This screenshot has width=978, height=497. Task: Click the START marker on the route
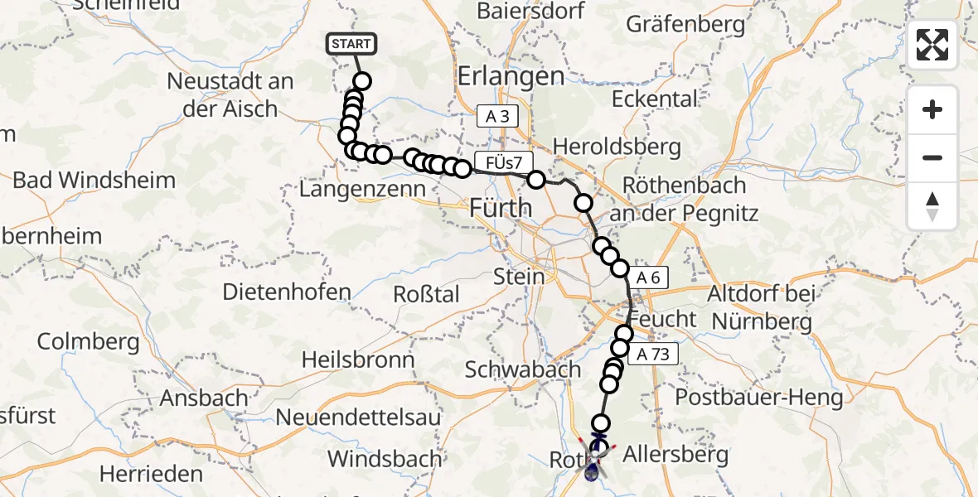(x=352, y=44)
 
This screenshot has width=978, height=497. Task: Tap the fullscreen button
(x=932, y=45)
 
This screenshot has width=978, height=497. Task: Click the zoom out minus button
(x=932, y=157)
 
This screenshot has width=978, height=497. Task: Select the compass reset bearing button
(x=932, y=206)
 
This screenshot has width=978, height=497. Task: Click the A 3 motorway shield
(x=497, y=117)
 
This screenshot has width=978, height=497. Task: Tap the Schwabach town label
(x=522, y=369)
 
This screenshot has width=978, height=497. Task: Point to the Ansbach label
(x=204, y=398)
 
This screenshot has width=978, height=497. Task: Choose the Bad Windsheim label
(x=94, y=181)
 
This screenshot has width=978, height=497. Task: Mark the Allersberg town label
(x=675, y=454)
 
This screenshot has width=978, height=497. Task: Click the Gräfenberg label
(x=685, y=25)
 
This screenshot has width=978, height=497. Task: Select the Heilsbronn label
(x=358, y=359)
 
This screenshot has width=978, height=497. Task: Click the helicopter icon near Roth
(x=595, y=461)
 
